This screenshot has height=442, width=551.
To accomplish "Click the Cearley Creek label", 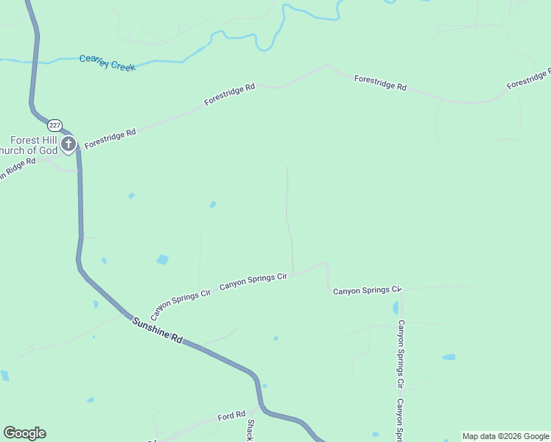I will click(108, 63).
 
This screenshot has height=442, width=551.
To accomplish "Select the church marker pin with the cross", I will click(69, 144).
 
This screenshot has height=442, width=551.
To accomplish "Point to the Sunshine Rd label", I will click(157, 329).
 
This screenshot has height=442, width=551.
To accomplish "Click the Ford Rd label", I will click(231, 417).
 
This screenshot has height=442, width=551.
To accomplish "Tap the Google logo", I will click(24, 432).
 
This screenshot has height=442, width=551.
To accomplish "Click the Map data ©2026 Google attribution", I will click(505, 436).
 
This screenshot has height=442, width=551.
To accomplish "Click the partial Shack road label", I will click(250, 430).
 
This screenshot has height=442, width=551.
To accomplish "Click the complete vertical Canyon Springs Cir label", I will click(401, 354).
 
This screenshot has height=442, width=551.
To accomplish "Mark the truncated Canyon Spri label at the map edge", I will click(400, 421).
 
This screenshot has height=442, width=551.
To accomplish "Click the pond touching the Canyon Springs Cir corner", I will click(396, 307).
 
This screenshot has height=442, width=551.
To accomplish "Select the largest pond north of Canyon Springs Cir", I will click(163, 259).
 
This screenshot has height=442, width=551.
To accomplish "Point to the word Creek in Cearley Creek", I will click(122, 66).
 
